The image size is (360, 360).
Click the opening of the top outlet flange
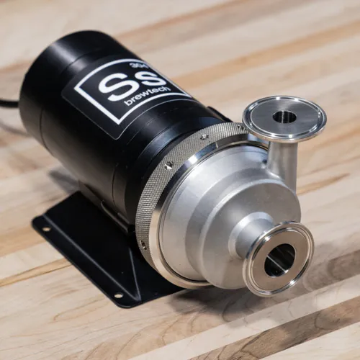[284, 116]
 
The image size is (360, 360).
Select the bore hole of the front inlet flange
[279, 259]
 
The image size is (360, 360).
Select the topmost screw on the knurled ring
[204, 135]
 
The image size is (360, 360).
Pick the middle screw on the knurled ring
[168, 165]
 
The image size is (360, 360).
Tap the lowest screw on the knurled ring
[143, 244]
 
